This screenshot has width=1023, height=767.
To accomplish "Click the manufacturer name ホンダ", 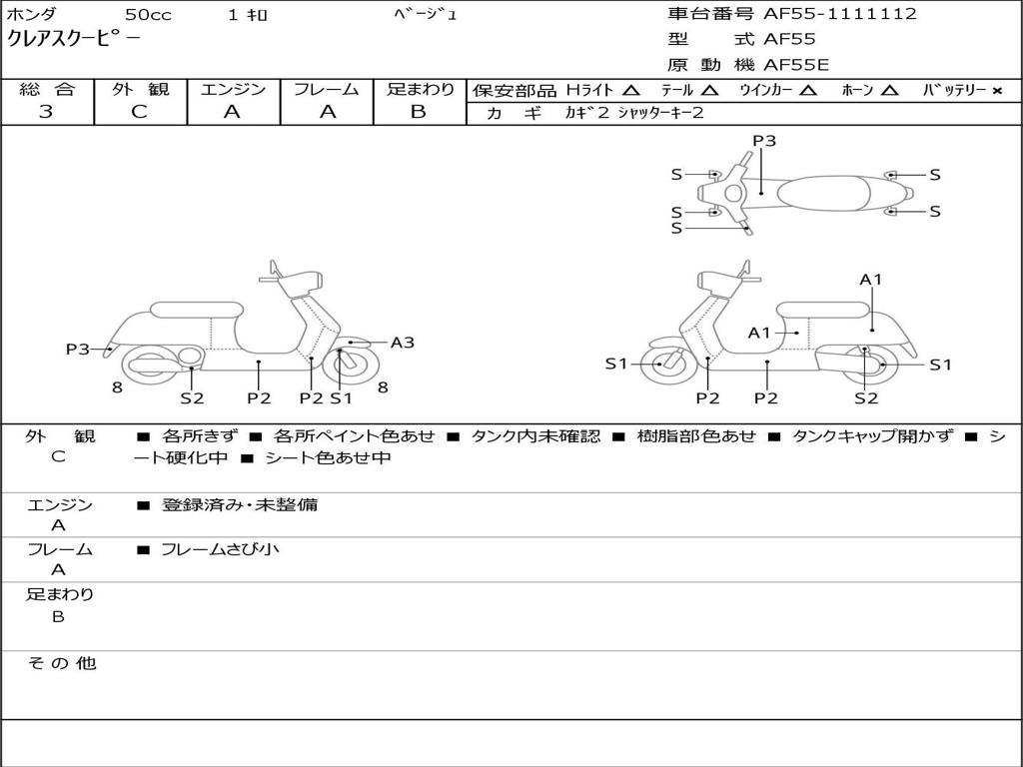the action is (x=32, y=15).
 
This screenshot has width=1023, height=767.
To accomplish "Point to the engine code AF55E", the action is (x=796, y=66).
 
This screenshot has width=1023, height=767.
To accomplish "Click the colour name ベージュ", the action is (x=426, y=15).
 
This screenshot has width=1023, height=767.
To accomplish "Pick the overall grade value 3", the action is (x=46, y=112).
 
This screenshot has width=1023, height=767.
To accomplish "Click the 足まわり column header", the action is (x=421, y=89).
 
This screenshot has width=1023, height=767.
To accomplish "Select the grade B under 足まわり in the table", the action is (x=419, y=112).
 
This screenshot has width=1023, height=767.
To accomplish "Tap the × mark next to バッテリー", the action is (x=997, y=90).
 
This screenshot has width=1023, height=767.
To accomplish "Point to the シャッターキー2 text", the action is (x=660, y=113).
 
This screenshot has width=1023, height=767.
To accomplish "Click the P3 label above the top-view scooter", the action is (x=764, y=141).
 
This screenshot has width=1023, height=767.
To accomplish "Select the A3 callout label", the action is (x=403, y=343).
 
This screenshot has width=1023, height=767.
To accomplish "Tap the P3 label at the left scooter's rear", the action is (x=78, y=349).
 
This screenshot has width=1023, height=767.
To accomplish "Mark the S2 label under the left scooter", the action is (x=192, y=398).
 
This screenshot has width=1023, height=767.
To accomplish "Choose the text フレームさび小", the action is (x=220, y=549).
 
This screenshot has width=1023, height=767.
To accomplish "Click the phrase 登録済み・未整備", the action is (x=239, y=504).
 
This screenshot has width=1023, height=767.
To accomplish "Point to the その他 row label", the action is (x=61, y=663).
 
